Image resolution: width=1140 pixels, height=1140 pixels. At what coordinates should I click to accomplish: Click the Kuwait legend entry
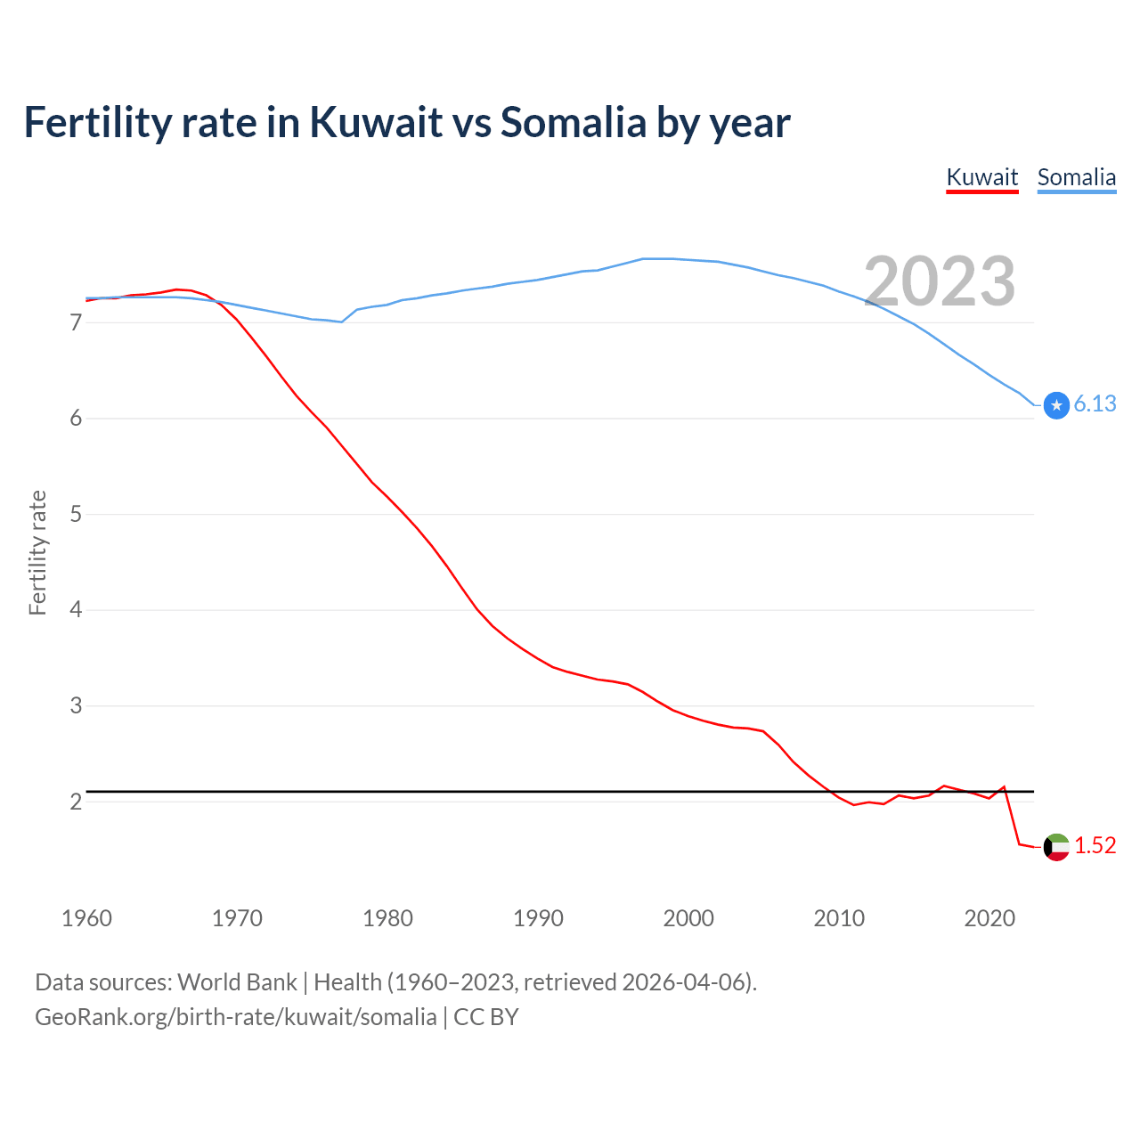[x=981, y=177]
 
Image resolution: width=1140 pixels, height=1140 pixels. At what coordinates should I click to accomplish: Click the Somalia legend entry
[x=1076, y=177]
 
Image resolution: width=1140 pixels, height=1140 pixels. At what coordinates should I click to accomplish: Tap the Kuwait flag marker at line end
[x=1056, y=847]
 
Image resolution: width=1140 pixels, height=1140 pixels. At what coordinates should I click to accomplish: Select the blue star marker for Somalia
[x=1056, y=405]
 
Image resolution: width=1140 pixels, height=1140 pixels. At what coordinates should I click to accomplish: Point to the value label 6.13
[x=1095, y=404]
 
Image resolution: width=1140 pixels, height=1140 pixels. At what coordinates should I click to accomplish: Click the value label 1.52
[x=1095, y=846]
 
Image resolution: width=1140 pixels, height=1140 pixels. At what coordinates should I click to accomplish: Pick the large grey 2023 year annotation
[x=940, y=281]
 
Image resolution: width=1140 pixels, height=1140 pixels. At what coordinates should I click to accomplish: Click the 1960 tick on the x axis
[x=86, y=918]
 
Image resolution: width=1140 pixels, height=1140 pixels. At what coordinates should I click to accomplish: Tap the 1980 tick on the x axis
[x=387, y=918]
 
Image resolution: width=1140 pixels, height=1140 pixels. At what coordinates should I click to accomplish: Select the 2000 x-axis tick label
[x=688, y=918]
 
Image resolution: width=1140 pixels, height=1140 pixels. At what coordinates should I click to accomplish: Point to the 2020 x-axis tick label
[x=989, y=918]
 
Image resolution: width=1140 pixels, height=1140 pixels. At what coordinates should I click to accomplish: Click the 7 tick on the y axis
[x=76, y=322]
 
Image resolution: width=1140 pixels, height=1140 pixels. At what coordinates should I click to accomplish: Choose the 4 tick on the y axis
[x=76, y=610]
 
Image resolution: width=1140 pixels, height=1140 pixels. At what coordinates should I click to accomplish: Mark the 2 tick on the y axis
[x=76, y=802]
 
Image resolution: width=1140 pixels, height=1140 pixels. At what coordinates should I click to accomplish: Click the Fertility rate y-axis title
[x=37, y=552]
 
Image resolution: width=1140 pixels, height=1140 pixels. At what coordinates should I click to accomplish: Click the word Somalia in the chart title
[x=573, y=123]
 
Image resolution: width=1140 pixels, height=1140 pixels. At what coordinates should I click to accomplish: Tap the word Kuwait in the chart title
[x=376, y=123]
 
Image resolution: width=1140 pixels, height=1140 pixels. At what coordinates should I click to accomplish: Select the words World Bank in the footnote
[x=237, y=982]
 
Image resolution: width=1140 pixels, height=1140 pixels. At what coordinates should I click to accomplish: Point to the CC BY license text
[x=486, y=1017]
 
